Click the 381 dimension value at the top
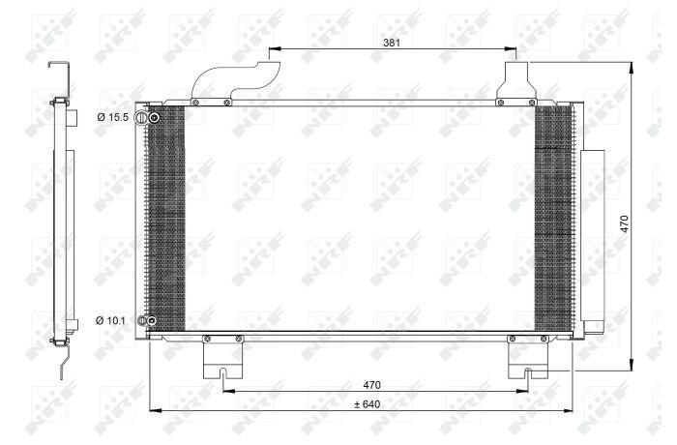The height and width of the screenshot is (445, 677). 392,43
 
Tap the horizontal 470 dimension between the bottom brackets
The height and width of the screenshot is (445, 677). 371,384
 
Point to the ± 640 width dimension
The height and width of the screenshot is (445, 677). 368,404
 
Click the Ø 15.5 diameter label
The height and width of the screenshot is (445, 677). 113,117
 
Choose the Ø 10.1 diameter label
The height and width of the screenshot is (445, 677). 110,320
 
